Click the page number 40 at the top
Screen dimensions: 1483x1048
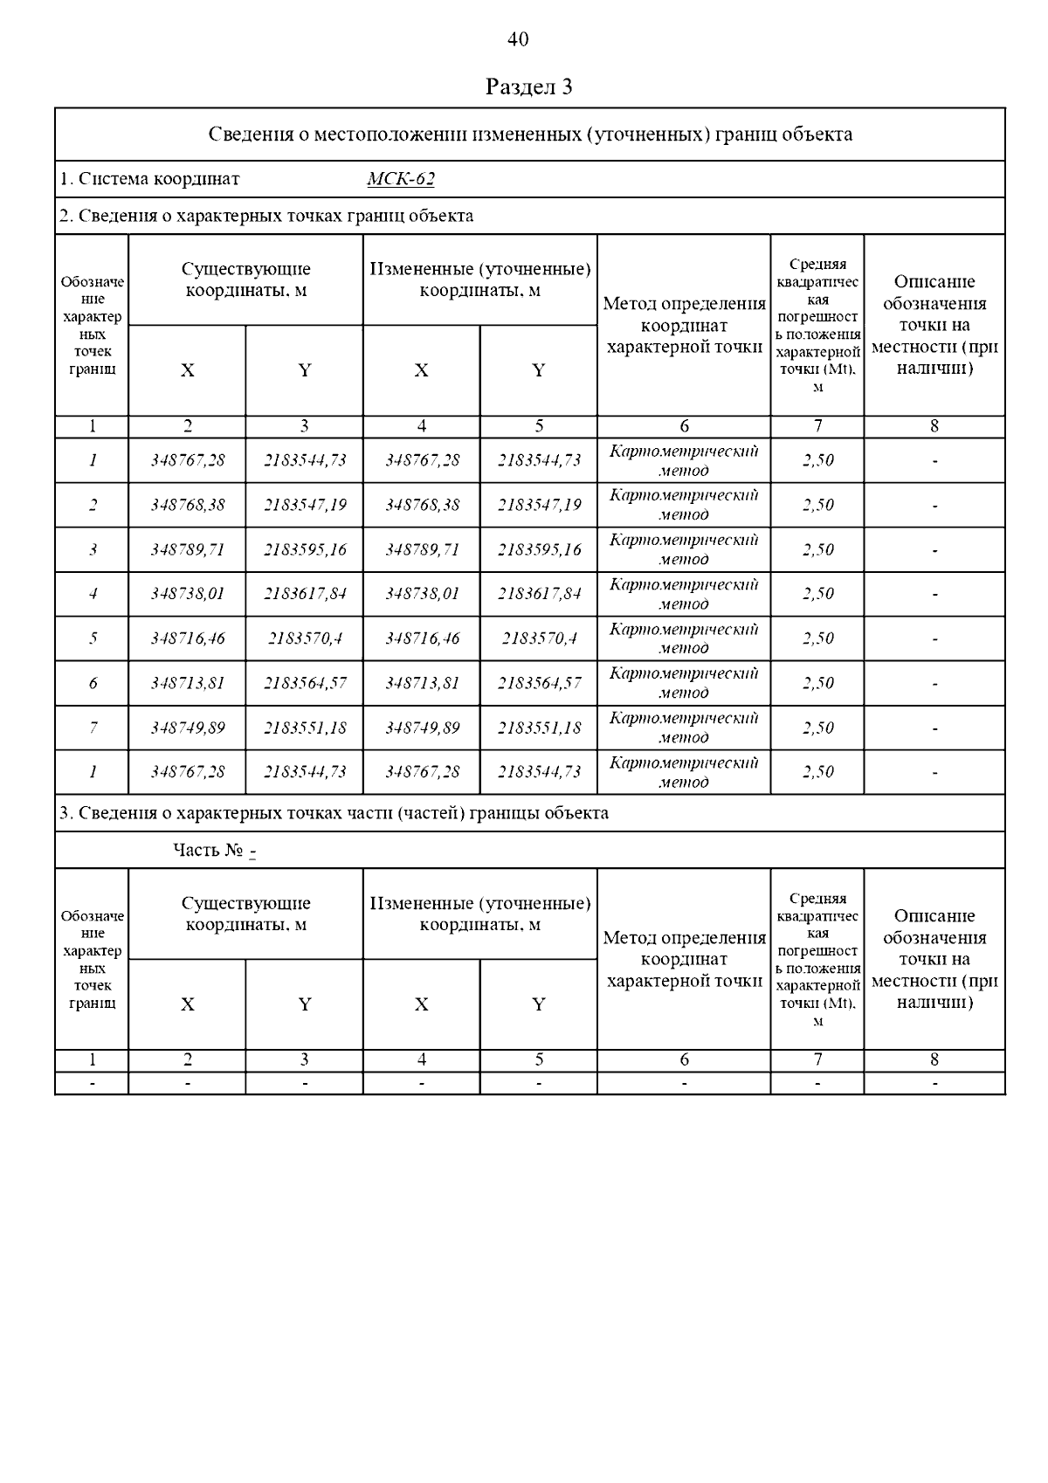tap(518, 39)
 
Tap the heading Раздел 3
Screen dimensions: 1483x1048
tap(528, 87)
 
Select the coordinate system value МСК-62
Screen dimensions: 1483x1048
tap(401, 180)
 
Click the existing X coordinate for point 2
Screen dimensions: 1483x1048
tap(187, 505)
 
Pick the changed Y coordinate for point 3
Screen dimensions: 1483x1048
tap(539, 549)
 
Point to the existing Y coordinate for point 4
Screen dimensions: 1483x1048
tap(305, 594)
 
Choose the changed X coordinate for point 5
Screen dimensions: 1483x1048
tap(422, 638)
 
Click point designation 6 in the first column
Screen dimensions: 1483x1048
tap(93, 683)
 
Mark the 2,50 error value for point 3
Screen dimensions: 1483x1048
tap(817, 549)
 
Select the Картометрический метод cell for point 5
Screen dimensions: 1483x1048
tap(684, 638)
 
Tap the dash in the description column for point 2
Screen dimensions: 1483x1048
tap(934, 505)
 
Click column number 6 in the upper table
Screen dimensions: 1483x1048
tap(684, 426)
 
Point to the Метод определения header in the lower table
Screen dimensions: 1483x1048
tap(684, 959)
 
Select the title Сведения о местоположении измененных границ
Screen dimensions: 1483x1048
tap(530, 135)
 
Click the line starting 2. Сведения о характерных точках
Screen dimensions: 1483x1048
tap(266, 216)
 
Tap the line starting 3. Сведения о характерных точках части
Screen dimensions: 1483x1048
tap(334, 813)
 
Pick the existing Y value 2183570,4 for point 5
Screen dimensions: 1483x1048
tap(305, 638)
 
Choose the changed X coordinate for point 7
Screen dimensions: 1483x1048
tap(422, 728)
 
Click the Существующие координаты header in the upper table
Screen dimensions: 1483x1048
tap(245, 279)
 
